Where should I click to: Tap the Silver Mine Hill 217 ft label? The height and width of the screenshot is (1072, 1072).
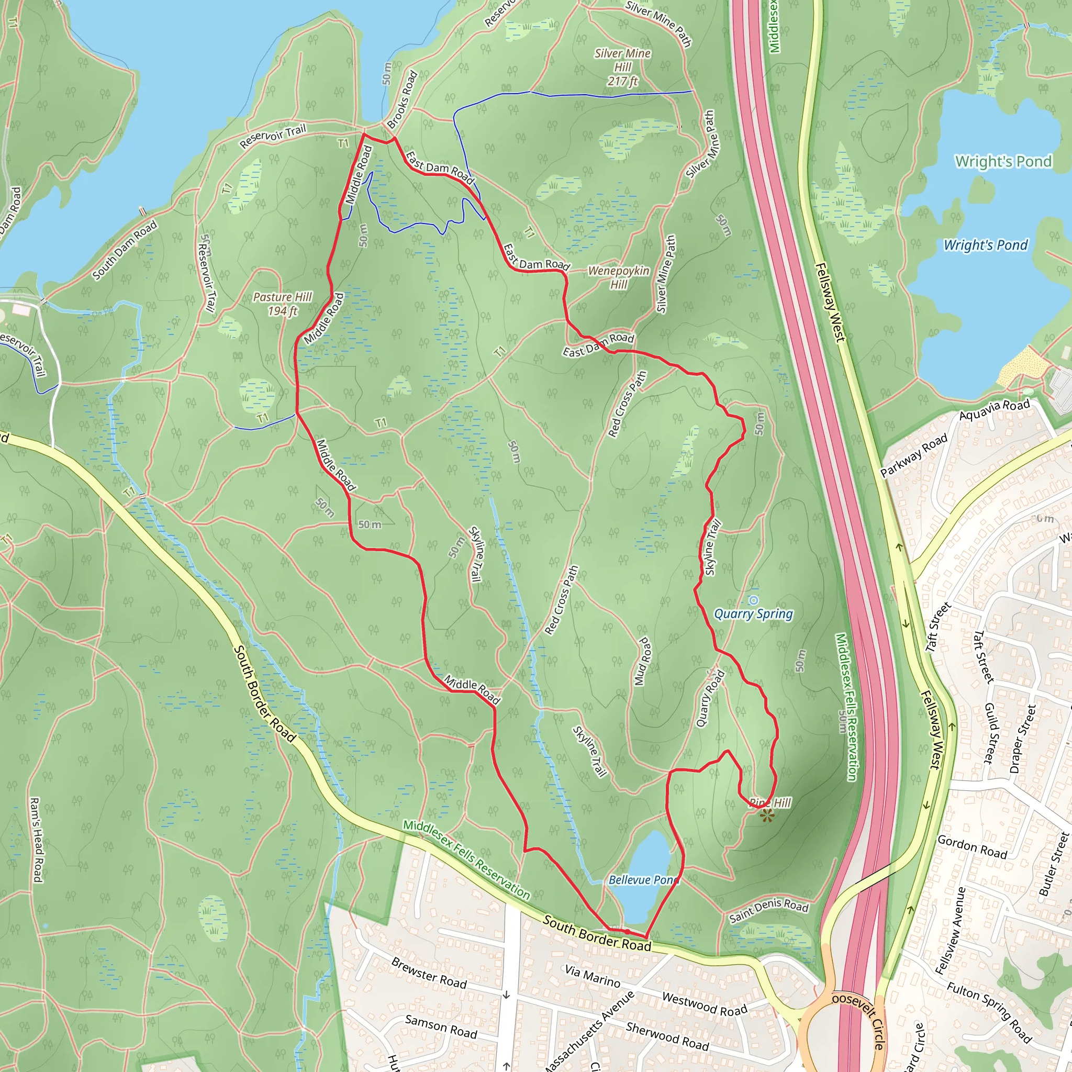click(x=622, y=67)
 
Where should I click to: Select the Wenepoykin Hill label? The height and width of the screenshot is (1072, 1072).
click(x=619, y=277)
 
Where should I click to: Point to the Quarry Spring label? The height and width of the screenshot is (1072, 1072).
click(x=753, y=613)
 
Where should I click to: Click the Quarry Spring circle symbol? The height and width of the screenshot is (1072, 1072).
click(x=753, y=600)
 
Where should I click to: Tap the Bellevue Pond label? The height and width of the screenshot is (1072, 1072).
click(x=644, y=880)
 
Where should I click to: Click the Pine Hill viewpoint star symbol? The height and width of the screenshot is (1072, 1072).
click(x=767, y=816)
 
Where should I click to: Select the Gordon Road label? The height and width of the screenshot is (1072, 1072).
click(x=972, y=847)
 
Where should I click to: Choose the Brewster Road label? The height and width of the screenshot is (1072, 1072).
click(x=429, y=973)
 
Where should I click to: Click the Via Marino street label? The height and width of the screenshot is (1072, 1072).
click(x=593, y=976)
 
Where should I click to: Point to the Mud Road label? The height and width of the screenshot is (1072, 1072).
click(x=643, y=661)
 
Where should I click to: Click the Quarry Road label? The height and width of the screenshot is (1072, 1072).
click(x=710, y=699)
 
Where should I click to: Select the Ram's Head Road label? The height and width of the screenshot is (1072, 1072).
click(x=36, y=840)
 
